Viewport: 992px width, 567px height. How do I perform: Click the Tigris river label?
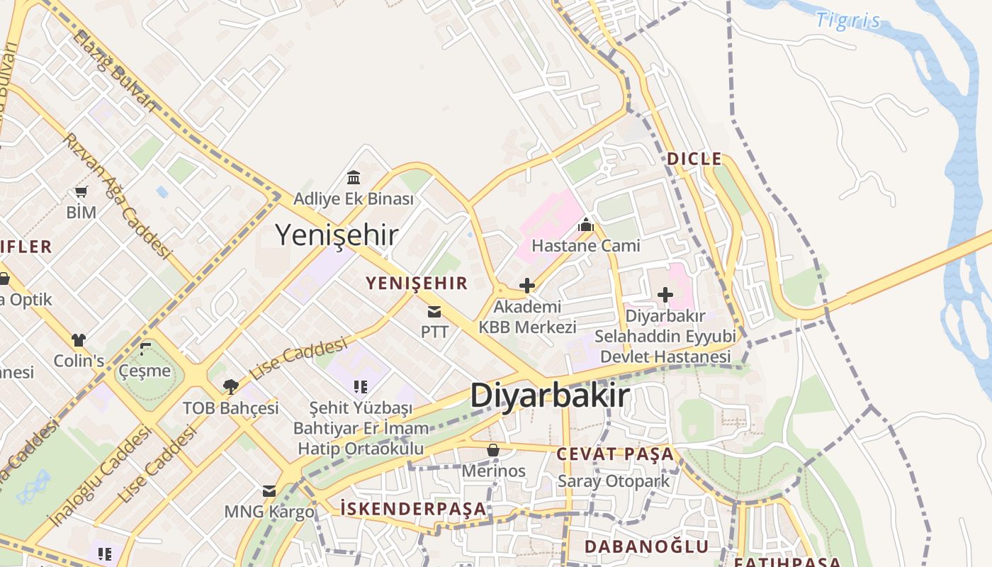[848, 20]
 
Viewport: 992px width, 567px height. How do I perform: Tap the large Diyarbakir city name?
[550, 395]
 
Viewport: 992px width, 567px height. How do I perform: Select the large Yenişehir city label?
[337, 235]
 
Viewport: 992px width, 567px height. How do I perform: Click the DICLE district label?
[694, 159]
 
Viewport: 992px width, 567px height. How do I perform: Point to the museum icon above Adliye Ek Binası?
[354, 176]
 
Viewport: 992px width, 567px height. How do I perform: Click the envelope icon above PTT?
[434, 312]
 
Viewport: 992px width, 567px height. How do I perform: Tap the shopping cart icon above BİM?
[81, 191]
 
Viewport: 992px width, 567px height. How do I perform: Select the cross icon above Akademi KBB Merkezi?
[527, 286]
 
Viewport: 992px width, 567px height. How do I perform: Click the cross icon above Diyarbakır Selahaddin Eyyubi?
[665, 294]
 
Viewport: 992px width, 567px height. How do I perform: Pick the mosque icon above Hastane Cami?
[586, 226]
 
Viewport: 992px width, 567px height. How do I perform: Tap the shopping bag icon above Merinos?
[493, 450]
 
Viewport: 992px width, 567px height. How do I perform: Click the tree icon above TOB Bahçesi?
[230, 386]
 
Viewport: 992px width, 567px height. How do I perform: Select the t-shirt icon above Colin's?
[79, 340]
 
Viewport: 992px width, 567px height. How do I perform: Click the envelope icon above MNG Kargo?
[269, 491]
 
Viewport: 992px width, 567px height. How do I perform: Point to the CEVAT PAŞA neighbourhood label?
[615, 454]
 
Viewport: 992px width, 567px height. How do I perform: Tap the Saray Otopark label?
[614, 481]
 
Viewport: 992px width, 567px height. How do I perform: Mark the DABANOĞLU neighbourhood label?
[646, 546]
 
